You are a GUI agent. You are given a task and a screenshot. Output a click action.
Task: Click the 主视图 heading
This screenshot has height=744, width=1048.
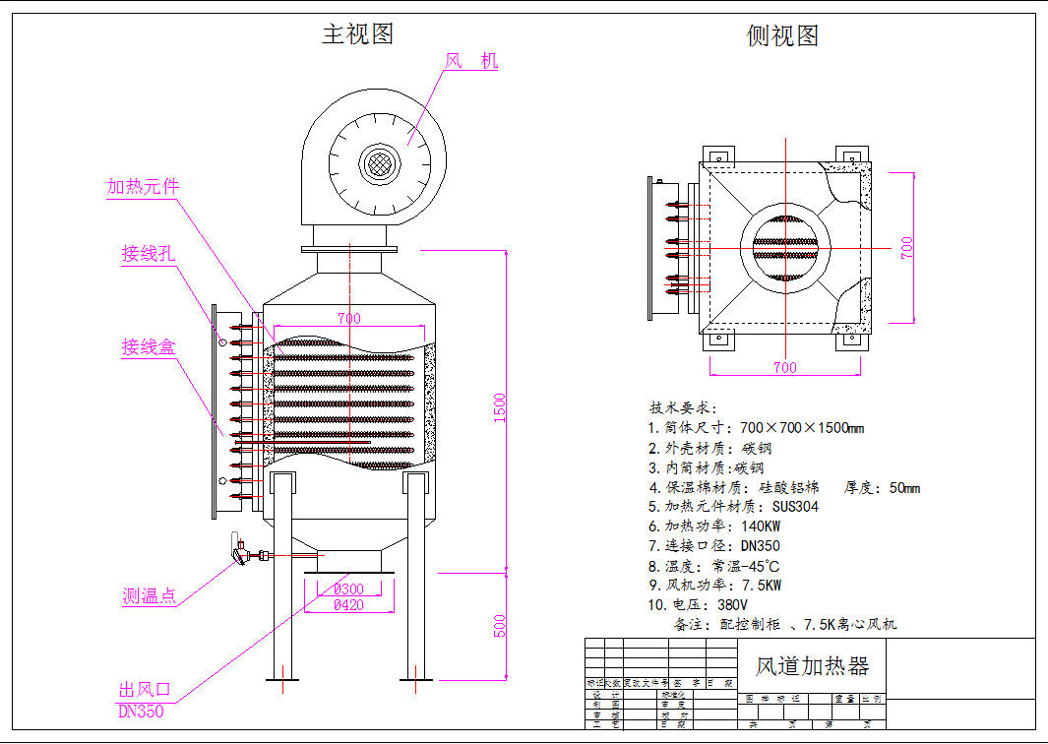pos(357,33)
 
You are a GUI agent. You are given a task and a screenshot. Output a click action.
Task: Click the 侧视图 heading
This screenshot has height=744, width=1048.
pos(783,36)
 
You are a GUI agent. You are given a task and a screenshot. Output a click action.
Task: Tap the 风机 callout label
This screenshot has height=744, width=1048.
pos(471,61)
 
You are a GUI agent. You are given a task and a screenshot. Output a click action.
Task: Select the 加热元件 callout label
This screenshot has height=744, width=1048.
pos(143,187)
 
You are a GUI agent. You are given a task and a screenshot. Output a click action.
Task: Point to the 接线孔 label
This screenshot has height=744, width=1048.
pos(148,254)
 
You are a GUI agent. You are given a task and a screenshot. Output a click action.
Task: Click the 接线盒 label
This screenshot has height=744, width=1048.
pos(148,346)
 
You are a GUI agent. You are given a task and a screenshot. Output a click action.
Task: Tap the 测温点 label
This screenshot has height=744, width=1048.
pos(149,595)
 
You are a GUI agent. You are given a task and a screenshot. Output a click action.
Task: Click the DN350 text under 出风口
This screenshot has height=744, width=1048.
pos(141,711)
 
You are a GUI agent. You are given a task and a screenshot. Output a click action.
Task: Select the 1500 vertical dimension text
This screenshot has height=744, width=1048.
pos(500,408)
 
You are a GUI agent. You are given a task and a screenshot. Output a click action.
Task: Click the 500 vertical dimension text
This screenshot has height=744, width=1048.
pos(500,625)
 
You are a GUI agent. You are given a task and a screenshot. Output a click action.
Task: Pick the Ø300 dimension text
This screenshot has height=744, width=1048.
pos(348,589)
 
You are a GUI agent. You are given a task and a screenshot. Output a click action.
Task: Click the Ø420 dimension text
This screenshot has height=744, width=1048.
pos(348,605)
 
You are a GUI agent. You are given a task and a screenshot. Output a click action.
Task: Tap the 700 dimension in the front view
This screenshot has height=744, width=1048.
pos(348,318)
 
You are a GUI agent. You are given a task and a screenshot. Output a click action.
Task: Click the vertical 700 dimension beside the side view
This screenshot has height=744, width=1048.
pos(907,247)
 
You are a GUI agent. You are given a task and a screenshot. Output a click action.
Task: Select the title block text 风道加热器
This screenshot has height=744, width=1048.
pos(812,666)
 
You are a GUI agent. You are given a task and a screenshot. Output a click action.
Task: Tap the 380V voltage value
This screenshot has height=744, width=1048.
pos(732,605)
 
